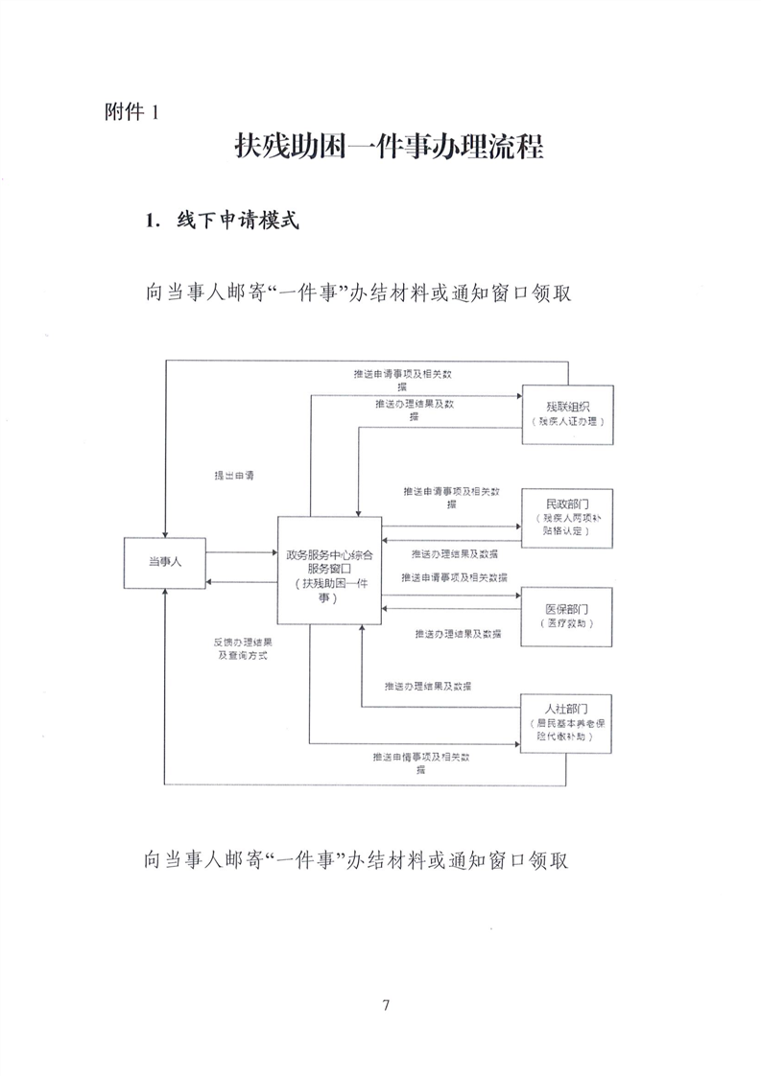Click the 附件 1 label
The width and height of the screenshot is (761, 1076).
pos(130,111)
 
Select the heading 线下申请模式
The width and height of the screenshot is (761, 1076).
pos(221,222)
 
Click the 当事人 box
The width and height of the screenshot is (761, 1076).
pos(165,564)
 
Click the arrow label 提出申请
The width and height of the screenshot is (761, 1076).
pos(233,475)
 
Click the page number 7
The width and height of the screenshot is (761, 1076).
pos(386,1005)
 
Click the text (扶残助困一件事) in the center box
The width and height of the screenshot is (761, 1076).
pos(330,591)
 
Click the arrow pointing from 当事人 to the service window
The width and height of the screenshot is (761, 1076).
pos(241,551)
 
